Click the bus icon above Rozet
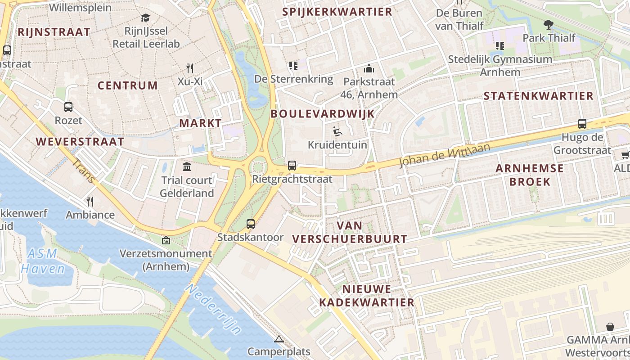click(x=68, y=107)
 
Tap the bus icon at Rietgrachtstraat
click(x=292, y=166)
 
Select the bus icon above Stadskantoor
click(x=251, y=224)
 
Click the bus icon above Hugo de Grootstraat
click(x=582, y=124)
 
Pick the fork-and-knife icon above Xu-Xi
click(x=190, y=68)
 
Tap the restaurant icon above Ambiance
click(x=90, y=201)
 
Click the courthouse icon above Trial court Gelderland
click(x=187, y=167)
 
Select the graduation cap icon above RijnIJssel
click(x=145, y=18)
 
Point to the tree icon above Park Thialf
click(x=549, y=24)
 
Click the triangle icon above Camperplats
click(x=279, y=338)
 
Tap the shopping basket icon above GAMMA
click(x=610, y=326)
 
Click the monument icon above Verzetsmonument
click(x=166, y=240)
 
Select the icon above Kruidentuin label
click(x=337, y=131)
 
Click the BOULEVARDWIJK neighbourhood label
click(x=323, y=114)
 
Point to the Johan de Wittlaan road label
click(x=445, y=154)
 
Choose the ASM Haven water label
click(x=43, y=261)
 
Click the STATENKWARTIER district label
click(x=539, y=96)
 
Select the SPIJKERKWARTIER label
click(x=337, y=12)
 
